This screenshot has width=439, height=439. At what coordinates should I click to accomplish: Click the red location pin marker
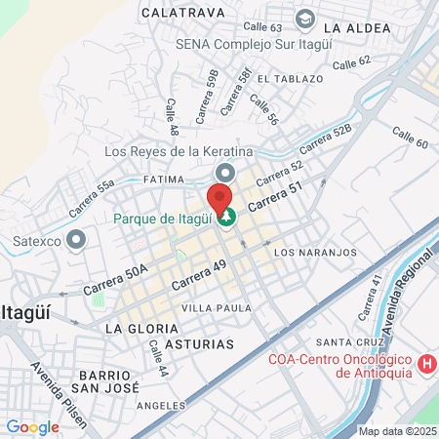tap(221, 197)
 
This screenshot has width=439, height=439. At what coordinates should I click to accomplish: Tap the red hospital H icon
tap(425, 365)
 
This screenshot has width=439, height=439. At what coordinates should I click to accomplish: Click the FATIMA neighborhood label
tap(164, 180)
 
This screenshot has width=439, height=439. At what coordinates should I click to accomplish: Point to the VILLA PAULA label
tap(223, 308)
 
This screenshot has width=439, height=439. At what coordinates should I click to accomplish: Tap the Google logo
tap(32, 427)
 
